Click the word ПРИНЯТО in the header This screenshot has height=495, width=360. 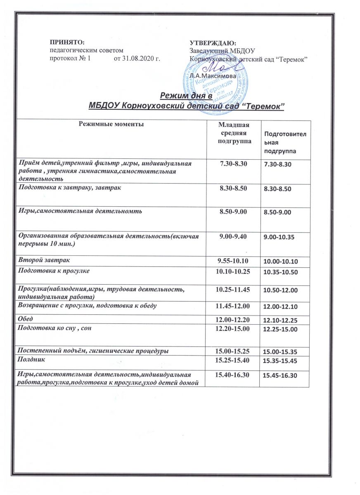66,42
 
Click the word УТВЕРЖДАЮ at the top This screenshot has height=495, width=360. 213,42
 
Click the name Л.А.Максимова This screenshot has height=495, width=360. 210,76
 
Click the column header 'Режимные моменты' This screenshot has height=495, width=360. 111,124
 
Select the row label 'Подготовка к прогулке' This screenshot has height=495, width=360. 53,271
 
